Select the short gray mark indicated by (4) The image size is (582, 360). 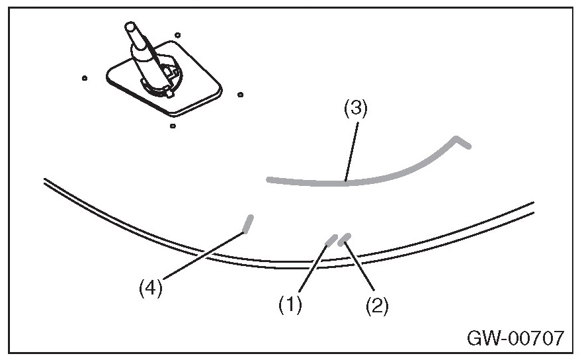[248, 223]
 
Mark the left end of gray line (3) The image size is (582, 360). [269, 179]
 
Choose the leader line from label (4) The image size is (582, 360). [198, 255]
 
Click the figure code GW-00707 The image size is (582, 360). [515, 339]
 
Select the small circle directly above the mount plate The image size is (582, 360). [178, 34]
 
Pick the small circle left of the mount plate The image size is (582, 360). [85, 78]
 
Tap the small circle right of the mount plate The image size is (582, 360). [239, 95]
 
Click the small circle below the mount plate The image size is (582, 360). [173, 125]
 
